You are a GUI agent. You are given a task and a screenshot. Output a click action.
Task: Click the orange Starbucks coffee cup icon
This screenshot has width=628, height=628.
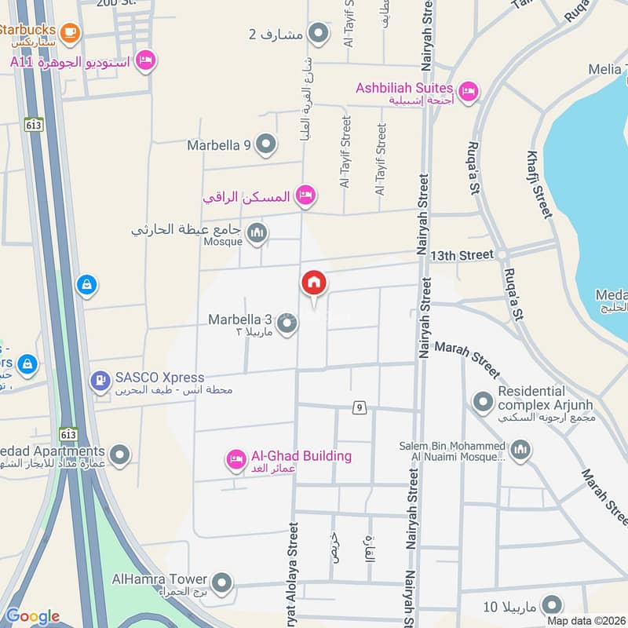(70, 31)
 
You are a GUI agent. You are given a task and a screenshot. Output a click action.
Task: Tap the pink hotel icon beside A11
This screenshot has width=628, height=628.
(145, 60)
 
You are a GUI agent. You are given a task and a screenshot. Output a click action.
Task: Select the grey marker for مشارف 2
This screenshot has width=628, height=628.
(318, 34)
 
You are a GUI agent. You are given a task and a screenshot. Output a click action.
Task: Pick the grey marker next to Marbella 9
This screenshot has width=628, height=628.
(267, 144)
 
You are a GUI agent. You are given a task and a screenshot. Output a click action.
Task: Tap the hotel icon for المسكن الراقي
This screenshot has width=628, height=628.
(306, 195)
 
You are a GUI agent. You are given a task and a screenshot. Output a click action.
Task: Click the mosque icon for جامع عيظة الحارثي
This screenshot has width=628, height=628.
(257, 233)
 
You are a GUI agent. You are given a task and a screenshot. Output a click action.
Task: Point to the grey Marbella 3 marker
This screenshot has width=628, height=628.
(287, 323)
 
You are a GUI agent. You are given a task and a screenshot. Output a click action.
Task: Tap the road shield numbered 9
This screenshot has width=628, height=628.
(359, 407)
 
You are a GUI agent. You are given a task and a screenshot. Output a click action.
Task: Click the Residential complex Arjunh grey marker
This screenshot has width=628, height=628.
(482, 403)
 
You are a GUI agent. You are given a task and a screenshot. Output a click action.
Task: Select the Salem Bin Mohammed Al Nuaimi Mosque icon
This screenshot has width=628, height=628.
(520, 450)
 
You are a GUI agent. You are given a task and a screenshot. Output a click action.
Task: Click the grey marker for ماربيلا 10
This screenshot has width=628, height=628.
(553, 604)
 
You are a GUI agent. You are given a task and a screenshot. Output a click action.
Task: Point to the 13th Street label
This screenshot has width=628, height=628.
(462, 254)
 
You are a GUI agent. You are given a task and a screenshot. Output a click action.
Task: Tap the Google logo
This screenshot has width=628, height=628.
(32, 616)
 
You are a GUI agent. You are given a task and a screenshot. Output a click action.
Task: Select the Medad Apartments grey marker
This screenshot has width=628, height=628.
(119, 455)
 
